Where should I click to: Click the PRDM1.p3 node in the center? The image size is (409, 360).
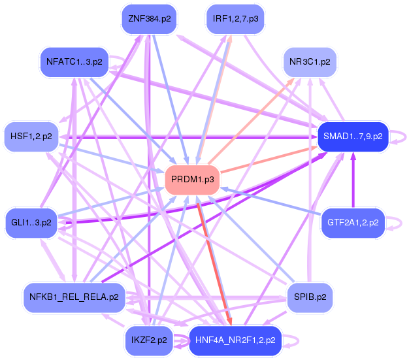[x=191, y=179]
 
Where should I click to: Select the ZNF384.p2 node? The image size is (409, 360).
[x=150, y=19]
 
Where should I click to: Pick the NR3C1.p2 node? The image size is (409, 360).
[x=309, y=63]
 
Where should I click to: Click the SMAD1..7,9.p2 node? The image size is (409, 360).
[x=352, y=137]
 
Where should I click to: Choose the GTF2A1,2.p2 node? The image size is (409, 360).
[x=353, y=223]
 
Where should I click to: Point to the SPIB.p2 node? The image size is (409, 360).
[x=310, y=297]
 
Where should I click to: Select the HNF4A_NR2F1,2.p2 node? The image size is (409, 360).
[x=235, y=340]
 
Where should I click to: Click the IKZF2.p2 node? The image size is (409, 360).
[x=149, y=340]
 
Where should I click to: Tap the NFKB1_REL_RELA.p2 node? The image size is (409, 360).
[x=74, y=297]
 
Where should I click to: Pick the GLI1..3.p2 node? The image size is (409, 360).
[x=31, y=223]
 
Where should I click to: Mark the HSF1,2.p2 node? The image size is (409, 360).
[x=31, y=137]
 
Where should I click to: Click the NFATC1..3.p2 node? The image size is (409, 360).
[x=74, y=63]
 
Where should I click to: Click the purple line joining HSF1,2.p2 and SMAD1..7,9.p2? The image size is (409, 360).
[x=183, y=137]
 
